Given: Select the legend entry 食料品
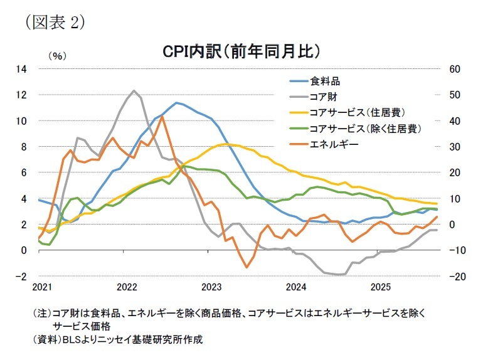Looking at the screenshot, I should coord(326,81).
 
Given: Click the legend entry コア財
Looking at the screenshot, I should coord(323,97).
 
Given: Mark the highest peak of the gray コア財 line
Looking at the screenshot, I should coord(134,90).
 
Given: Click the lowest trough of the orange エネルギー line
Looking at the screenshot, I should coord(247,267).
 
